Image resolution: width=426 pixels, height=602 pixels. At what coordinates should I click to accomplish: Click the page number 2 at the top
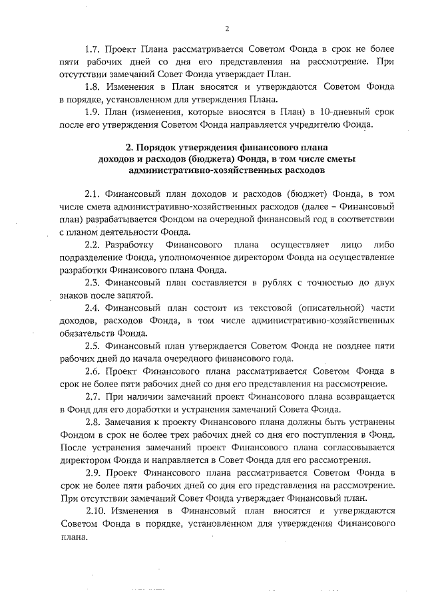coord(227,28)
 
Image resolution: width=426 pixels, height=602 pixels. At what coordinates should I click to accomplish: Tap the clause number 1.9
coord(94,111)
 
